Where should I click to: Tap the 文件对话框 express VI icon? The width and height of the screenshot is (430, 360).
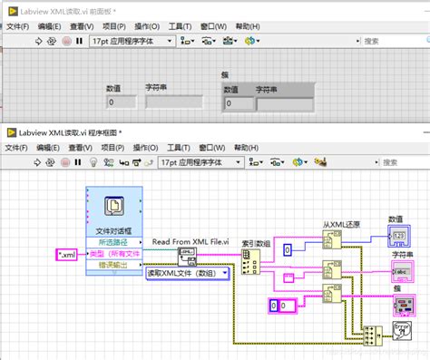click(112, 209)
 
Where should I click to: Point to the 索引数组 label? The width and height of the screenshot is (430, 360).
click(257, 242)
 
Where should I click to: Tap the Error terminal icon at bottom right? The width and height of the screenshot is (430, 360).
click(404, 331)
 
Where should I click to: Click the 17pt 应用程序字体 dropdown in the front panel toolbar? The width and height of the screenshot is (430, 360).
click(129, 41)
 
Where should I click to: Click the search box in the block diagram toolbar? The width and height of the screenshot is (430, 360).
click(398, 162)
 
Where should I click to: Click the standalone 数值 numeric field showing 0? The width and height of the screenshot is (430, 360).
click(122, 102)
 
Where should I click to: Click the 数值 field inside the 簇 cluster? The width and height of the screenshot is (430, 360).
click(238, 103)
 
